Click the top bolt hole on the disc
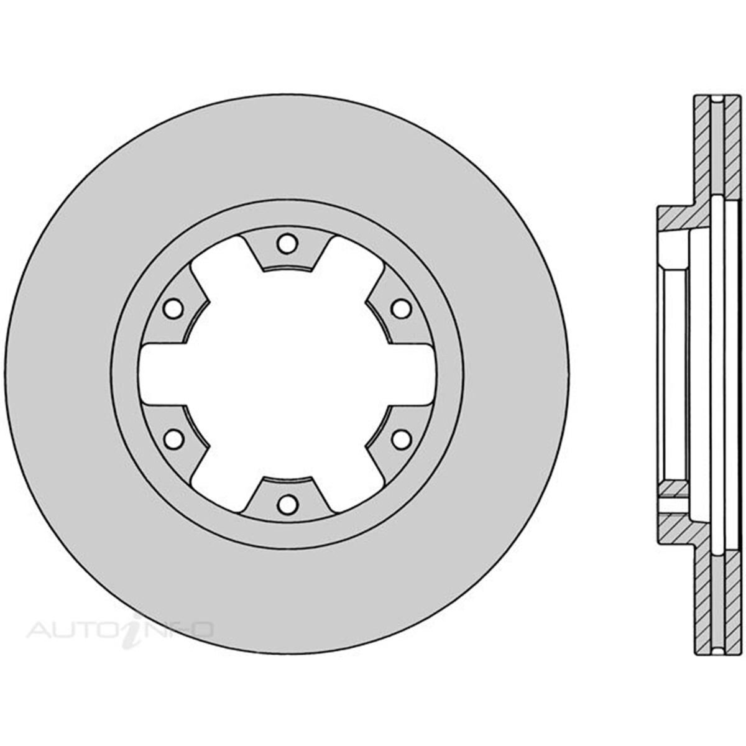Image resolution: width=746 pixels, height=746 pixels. (287, 244)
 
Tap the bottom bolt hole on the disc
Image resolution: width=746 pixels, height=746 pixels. (287, 504)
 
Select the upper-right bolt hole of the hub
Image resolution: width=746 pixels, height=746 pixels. (401, 308)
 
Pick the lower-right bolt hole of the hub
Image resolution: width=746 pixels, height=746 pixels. (401, 439)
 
